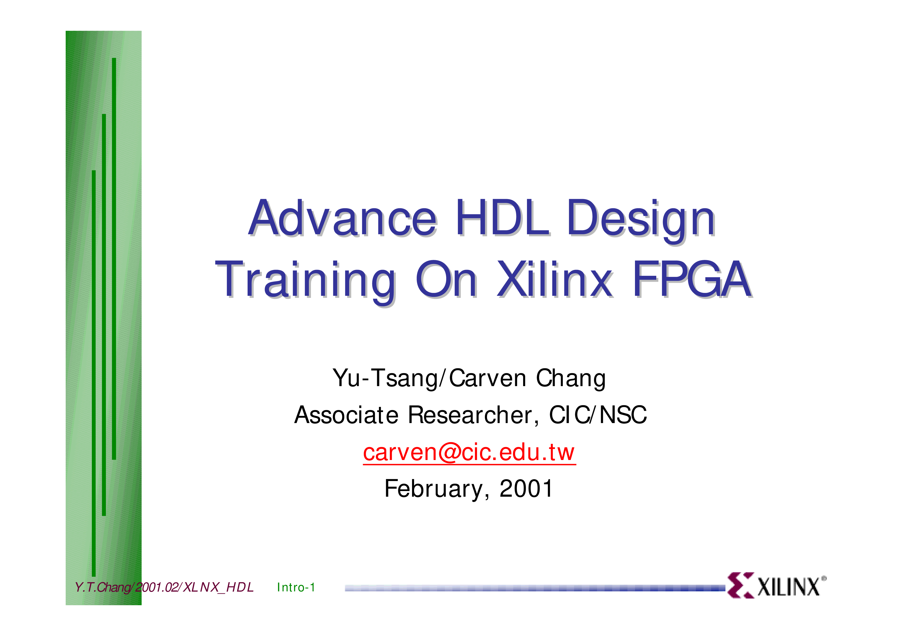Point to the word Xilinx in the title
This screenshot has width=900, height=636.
tap(555, 279)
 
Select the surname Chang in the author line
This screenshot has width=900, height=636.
tap(571, 378)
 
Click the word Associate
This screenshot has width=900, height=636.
tap(347, 415)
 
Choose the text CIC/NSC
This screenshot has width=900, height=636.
tap(598, 415)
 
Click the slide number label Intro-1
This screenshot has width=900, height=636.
tap(296, 588)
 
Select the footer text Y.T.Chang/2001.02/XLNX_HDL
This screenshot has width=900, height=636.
tap(164, 588)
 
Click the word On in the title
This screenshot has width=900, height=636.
tap(446, 279)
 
